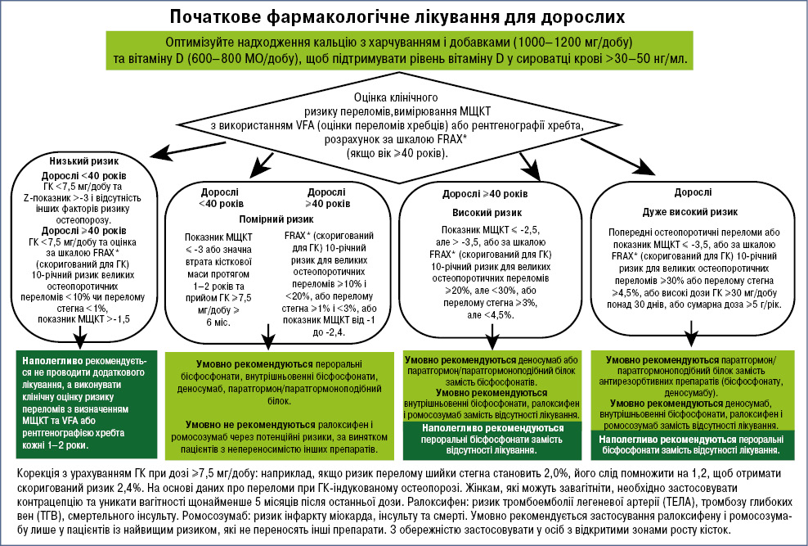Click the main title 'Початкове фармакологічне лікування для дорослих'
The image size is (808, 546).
point(404,16)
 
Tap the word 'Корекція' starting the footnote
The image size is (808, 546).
point(39,474)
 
